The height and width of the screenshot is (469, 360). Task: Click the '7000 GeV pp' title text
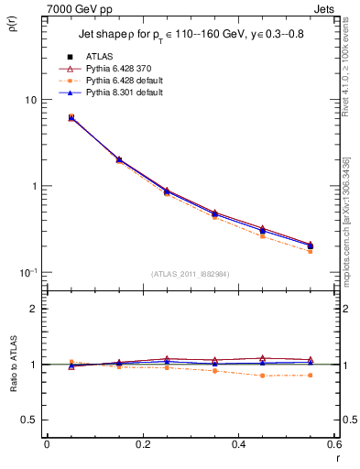coord(75,8)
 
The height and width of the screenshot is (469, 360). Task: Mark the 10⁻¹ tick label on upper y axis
coord(27,272)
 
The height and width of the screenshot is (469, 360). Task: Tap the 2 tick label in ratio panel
coord(33,309)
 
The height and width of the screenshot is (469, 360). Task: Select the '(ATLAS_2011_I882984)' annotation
coord(190,274)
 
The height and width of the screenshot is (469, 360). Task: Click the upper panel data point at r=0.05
coord(71,117)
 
